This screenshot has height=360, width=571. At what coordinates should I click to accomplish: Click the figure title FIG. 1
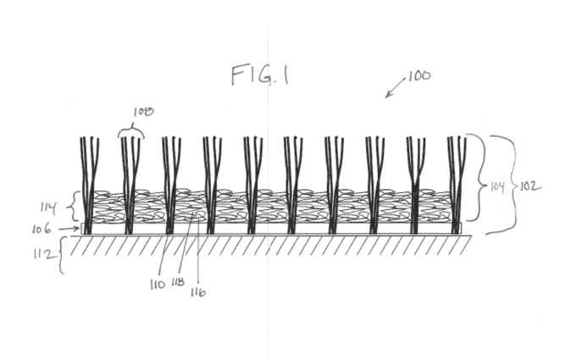(x=261, y=75)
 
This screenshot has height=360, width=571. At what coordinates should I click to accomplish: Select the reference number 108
(x=143, y=110)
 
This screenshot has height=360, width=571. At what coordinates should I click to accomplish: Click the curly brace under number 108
(x=132, y=130)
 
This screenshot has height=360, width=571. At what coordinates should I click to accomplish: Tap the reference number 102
(x=530, y=186)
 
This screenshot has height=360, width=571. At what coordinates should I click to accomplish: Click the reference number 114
(x=47, y=205)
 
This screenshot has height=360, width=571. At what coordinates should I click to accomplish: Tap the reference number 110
(x=156, y=284)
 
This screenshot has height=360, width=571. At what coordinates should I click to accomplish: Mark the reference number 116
(x=198, y=292)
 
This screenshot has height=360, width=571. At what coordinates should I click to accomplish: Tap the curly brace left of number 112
(x=63, y=255)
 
